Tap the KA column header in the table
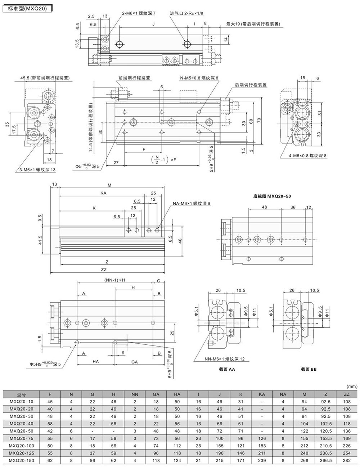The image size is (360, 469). click(262, 394)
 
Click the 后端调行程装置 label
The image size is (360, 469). click(251, 85)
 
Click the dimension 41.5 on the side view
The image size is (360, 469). click(40, 240)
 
